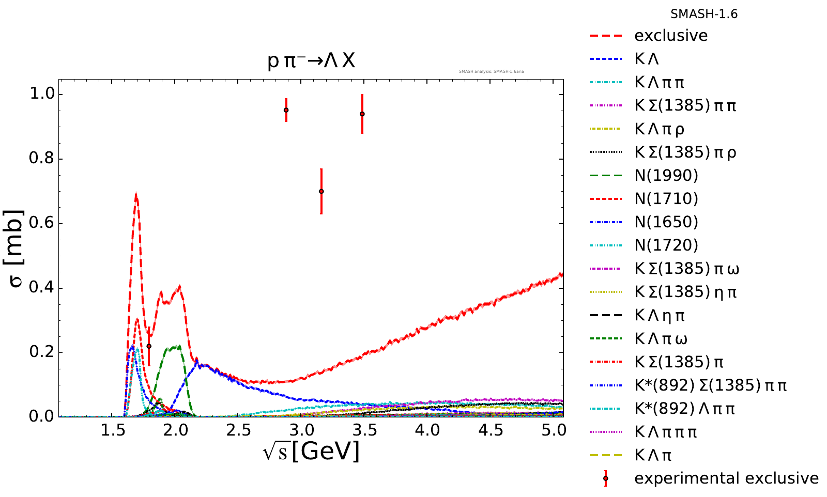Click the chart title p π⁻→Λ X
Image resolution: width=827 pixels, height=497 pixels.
311,61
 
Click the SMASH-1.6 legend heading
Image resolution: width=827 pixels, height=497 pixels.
704,14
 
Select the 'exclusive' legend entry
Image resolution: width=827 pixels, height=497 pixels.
671,36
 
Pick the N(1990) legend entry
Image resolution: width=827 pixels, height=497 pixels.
666,176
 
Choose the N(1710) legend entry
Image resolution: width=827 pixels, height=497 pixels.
666,199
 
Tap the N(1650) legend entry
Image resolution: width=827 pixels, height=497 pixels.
666,222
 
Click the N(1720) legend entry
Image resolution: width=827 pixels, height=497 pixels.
666,245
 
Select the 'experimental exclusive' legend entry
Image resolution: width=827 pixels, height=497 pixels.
726,478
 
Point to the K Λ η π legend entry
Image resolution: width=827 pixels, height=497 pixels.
660,316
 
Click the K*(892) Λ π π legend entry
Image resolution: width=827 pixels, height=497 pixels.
684,409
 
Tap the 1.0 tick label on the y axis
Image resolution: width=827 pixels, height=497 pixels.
41,95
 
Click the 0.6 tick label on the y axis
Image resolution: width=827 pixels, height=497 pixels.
41,224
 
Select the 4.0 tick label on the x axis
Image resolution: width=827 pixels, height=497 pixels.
428,430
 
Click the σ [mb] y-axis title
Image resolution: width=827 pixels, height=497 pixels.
16,249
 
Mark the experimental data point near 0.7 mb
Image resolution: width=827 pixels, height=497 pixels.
321,191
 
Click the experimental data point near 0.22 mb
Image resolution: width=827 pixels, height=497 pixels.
149,346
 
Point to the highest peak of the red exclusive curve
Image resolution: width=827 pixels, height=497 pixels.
136,195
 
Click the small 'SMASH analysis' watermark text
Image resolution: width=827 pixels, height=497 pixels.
491,71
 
